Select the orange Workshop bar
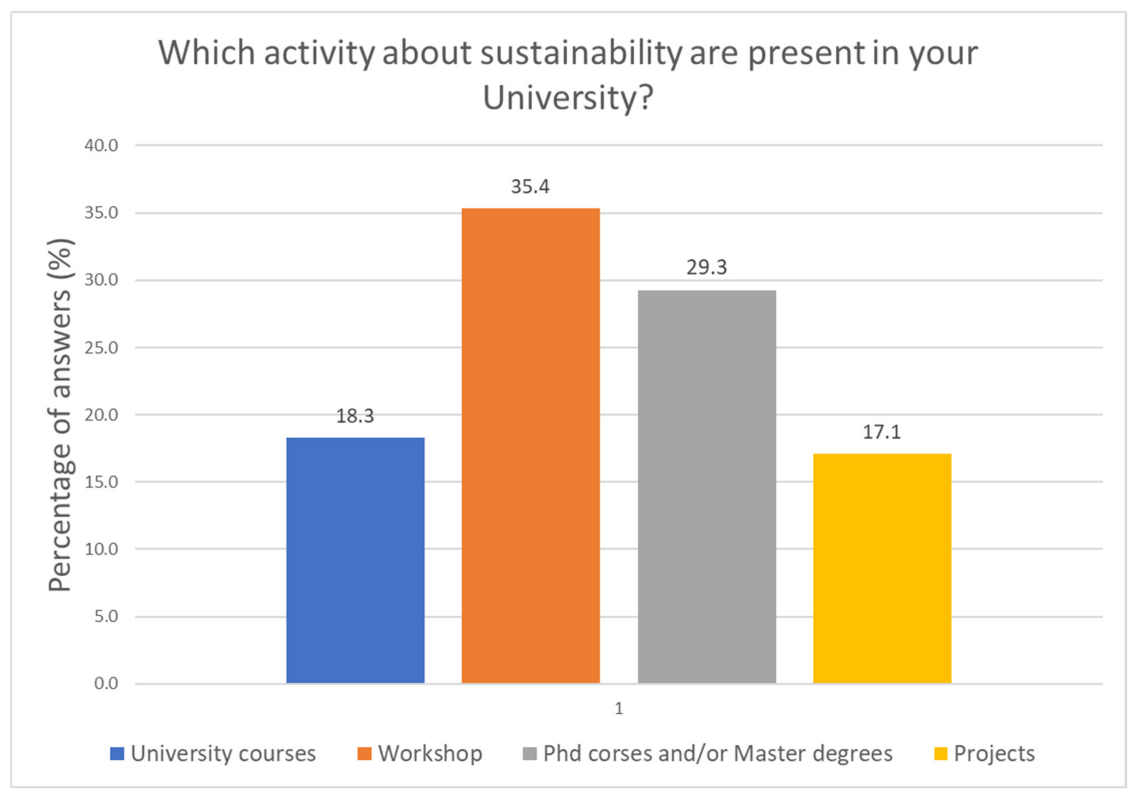coord(530,445)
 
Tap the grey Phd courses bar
coord(706,486)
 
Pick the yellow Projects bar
coord(882,568)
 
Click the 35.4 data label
coord(530,187)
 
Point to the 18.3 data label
coord(355,416)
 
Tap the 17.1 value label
coord(882,432)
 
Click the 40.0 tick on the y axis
coord(102,146)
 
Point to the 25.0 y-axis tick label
coord(102,348)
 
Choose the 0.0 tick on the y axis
coord(106,684)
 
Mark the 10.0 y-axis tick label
coord(102,549)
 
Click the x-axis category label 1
coord(618,709)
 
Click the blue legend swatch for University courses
coord(117,754)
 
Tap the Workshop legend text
coord(430,754)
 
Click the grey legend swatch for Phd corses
coord(529,754)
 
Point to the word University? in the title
coord(568,98)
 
